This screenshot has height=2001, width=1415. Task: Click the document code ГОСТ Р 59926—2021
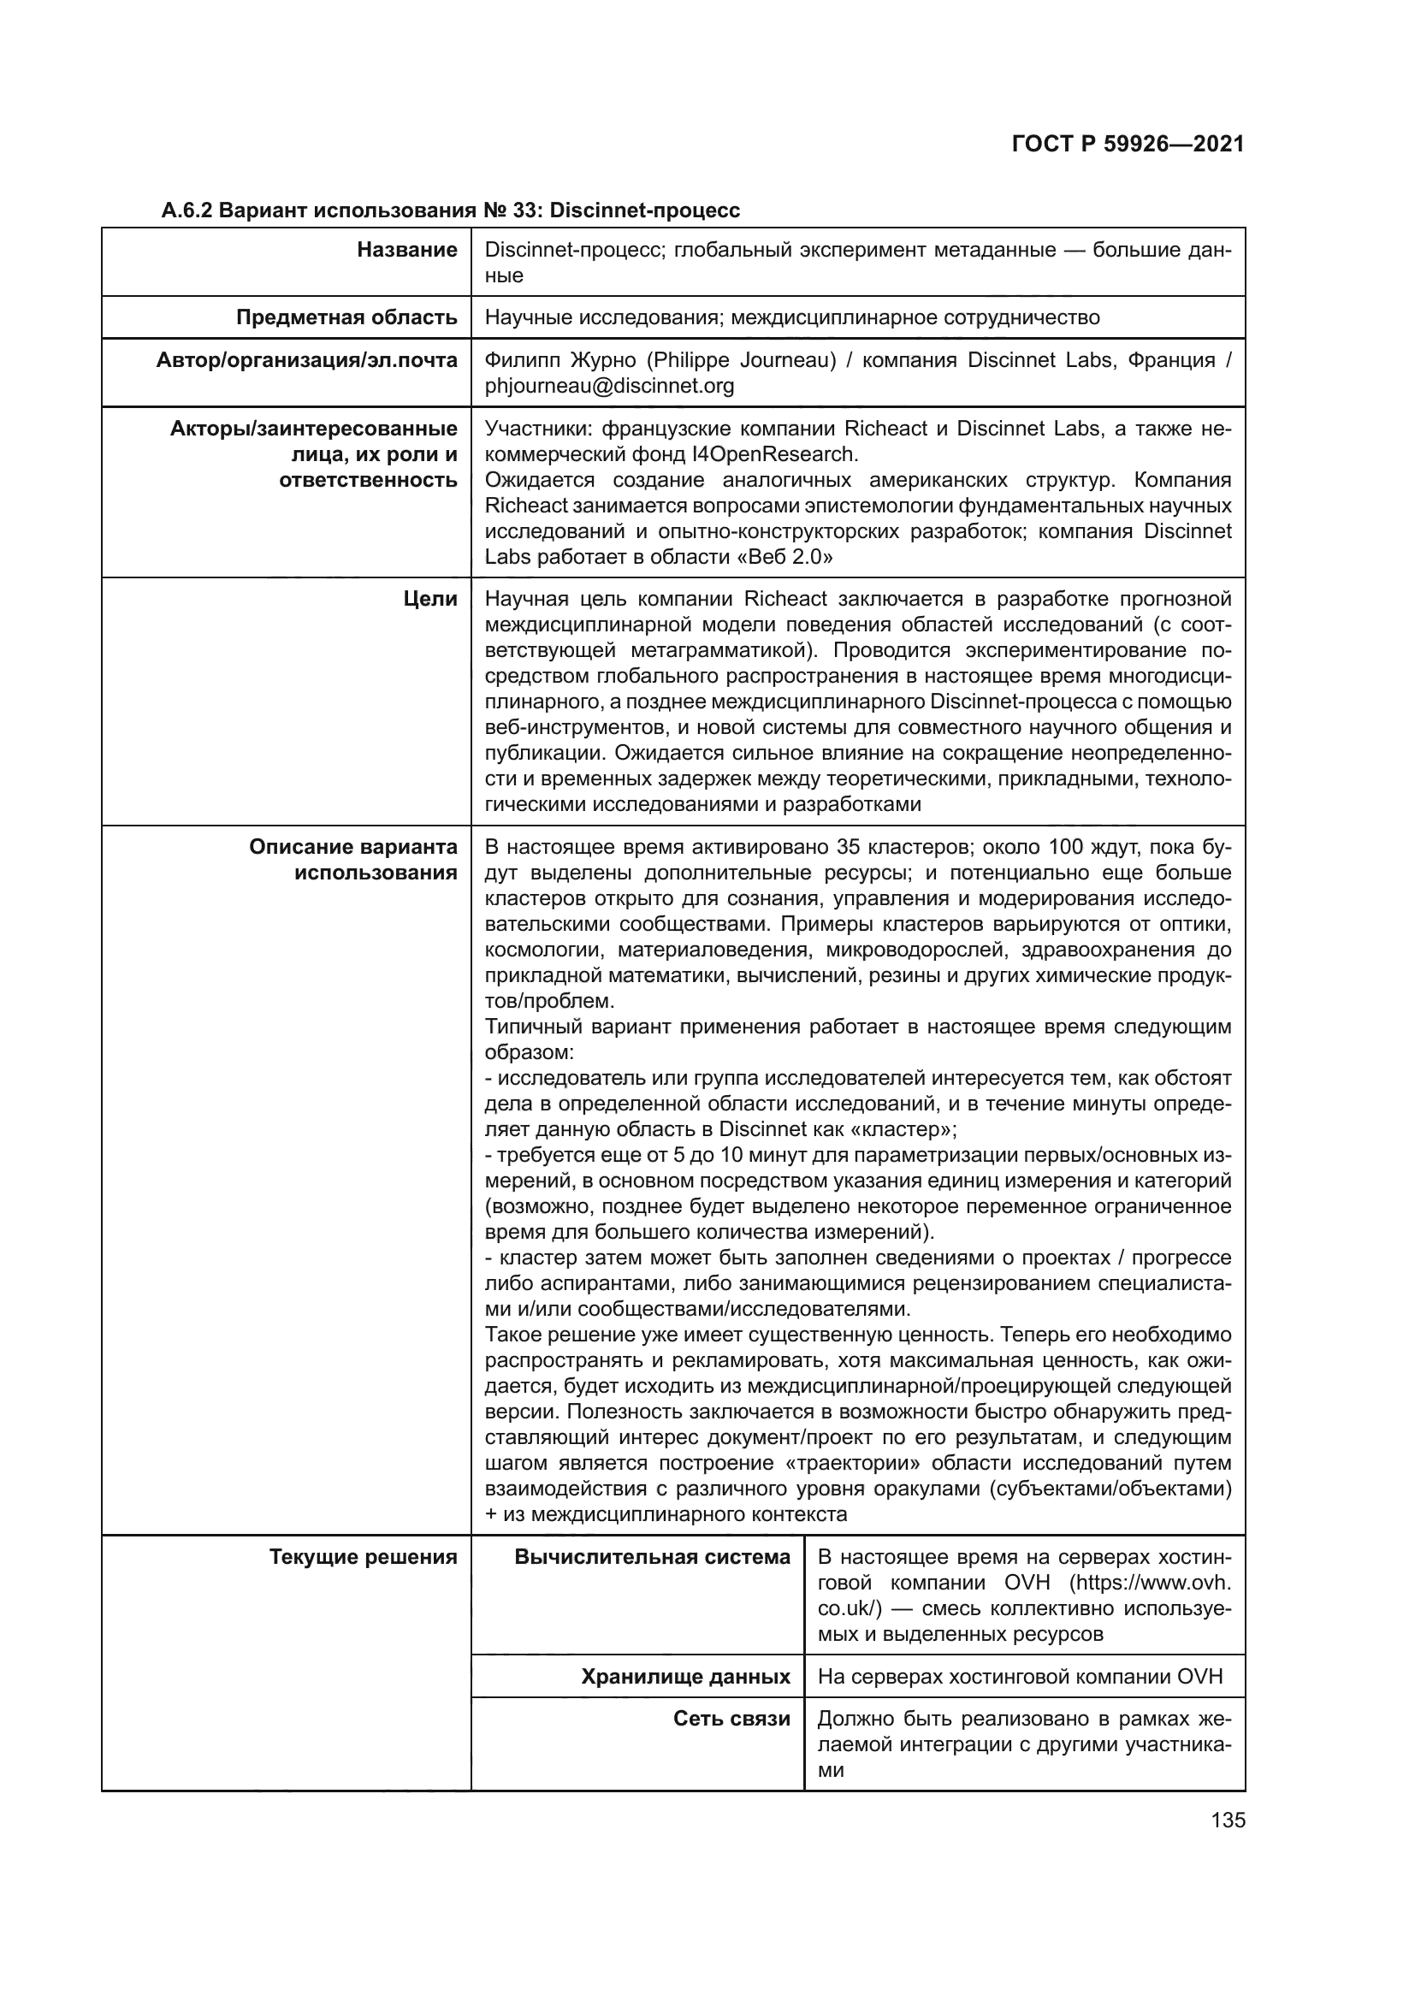click(1128, 145)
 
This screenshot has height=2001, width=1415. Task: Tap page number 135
click(1228, 1820)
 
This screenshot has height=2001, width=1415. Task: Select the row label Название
click(407, 250)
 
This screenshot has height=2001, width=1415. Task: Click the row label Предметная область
click(346, 317)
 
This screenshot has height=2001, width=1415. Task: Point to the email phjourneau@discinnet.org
click(609, 386)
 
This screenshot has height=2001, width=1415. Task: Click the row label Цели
click(430, 599)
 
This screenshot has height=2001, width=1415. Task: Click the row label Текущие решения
click(364, 1556)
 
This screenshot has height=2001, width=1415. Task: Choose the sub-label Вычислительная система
click(652, 1556)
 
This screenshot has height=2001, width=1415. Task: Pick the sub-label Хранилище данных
click(686, 1677)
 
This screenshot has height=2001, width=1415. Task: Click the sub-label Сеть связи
click(732, 1719)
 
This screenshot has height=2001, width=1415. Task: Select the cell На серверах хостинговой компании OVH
click(1021, 1677)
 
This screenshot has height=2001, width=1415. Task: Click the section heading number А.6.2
click(186, 211)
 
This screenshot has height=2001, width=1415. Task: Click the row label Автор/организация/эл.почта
click(307, 361)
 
